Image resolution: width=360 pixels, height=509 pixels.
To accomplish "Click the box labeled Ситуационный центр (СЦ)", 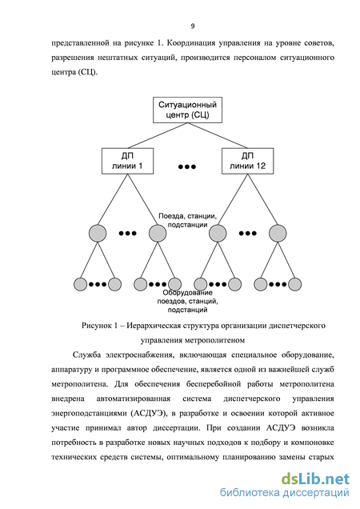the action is point(187,110).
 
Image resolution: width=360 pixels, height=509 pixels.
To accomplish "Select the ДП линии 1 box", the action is point(127,161).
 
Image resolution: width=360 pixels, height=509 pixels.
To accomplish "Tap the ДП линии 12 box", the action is point(248,161).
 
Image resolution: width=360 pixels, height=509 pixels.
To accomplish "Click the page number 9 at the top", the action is point(193,26).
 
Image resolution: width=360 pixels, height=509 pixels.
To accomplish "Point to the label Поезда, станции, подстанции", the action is point(188,220).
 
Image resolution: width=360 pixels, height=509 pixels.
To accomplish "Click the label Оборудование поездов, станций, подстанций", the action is point(188,301).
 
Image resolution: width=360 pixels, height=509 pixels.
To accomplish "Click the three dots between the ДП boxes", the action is point(187,166).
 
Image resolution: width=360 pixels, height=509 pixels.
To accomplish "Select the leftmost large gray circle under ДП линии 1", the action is point(98,233).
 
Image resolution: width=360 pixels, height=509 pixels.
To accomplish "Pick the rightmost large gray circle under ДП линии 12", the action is point(278,233).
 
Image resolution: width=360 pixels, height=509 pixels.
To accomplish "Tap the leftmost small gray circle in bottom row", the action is point(80,284).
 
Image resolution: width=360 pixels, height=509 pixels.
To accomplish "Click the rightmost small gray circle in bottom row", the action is point(294,284).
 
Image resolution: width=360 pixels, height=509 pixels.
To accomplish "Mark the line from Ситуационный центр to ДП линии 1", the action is point(158,136).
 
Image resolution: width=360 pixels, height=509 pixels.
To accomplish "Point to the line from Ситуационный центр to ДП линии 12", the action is point(218,136).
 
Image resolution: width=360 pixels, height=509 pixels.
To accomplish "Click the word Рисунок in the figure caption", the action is point(97,326).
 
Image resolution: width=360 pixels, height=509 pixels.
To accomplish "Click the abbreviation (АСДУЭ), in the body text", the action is point(150,413).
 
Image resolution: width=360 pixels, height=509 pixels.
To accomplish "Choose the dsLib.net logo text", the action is point(315,479).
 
